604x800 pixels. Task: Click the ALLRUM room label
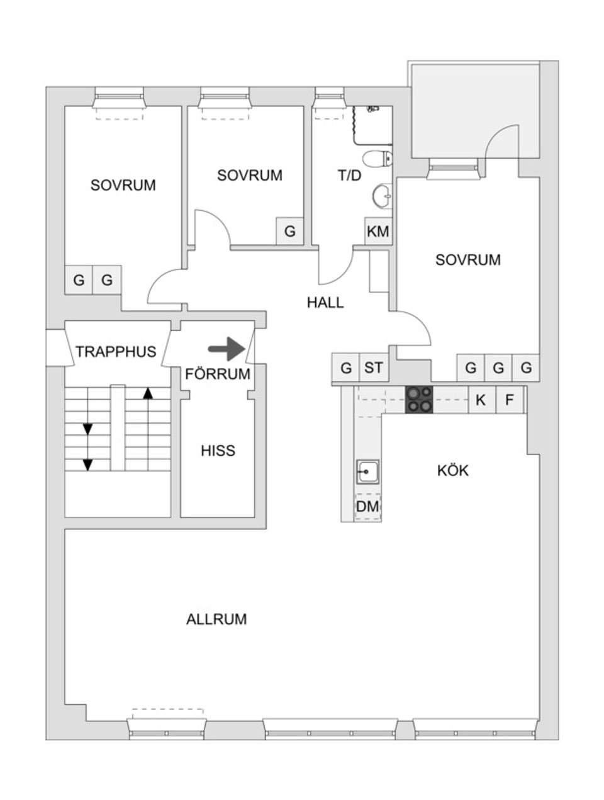216,619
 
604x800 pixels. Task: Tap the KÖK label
453,471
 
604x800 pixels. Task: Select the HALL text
325,303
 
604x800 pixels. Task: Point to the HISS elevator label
218,451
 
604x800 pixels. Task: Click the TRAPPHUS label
116,352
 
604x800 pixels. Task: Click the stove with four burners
419,399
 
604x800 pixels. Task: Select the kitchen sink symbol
367,471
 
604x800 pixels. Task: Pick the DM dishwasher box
367,506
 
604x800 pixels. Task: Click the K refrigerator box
481,400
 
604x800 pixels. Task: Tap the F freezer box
510,400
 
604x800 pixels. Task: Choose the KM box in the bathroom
377,232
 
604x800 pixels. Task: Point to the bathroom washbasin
382,196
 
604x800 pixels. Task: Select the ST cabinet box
373,368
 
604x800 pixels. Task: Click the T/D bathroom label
350,176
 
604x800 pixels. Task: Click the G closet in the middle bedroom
289,231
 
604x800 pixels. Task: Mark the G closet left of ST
345,368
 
